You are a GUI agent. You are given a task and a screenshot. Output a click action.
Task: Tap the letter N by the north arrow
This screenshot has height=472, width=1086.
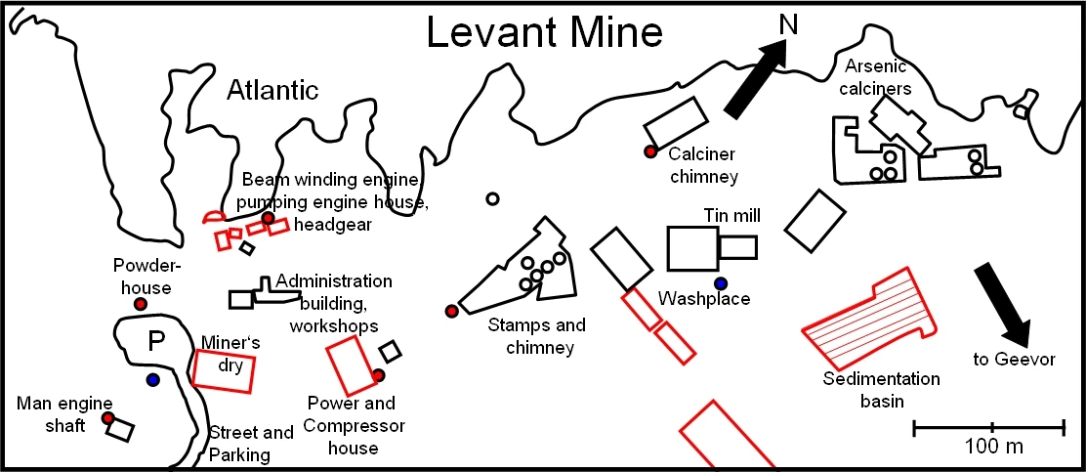point(788,24)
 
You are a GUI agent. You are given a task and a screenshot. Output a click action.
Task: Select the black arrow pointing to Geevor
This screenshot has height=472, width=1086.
point(1003,304)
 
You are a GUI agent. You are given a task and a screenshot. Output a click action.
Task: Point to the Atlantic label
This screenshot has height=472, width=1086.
point(272,92)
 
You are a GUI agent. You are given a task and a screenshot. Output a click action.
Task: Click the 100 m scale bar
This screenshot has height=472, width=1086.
point(988,426)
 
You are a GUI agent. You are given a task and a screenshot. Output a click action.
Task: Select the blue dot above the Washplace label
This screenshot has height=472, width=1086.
point(721,283)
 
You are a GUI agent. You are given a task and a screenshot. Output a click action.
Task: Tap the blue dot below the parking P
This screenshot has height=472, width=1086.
point(152,379)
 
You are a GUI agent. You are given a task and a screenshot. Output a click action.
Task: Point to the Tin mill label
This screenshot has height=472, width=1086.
point(731,215)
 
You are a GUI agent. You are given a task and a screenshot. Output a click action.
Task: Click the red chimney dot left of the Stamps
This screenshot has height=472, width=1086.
point(451,311)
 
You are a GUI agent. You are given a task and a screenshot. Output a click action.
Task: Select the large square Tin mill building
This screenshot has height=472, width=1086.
point(692,248)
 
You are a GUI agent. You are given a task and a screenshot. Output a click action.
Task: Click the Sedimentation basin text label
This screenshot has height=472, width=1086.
point(881,389)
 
